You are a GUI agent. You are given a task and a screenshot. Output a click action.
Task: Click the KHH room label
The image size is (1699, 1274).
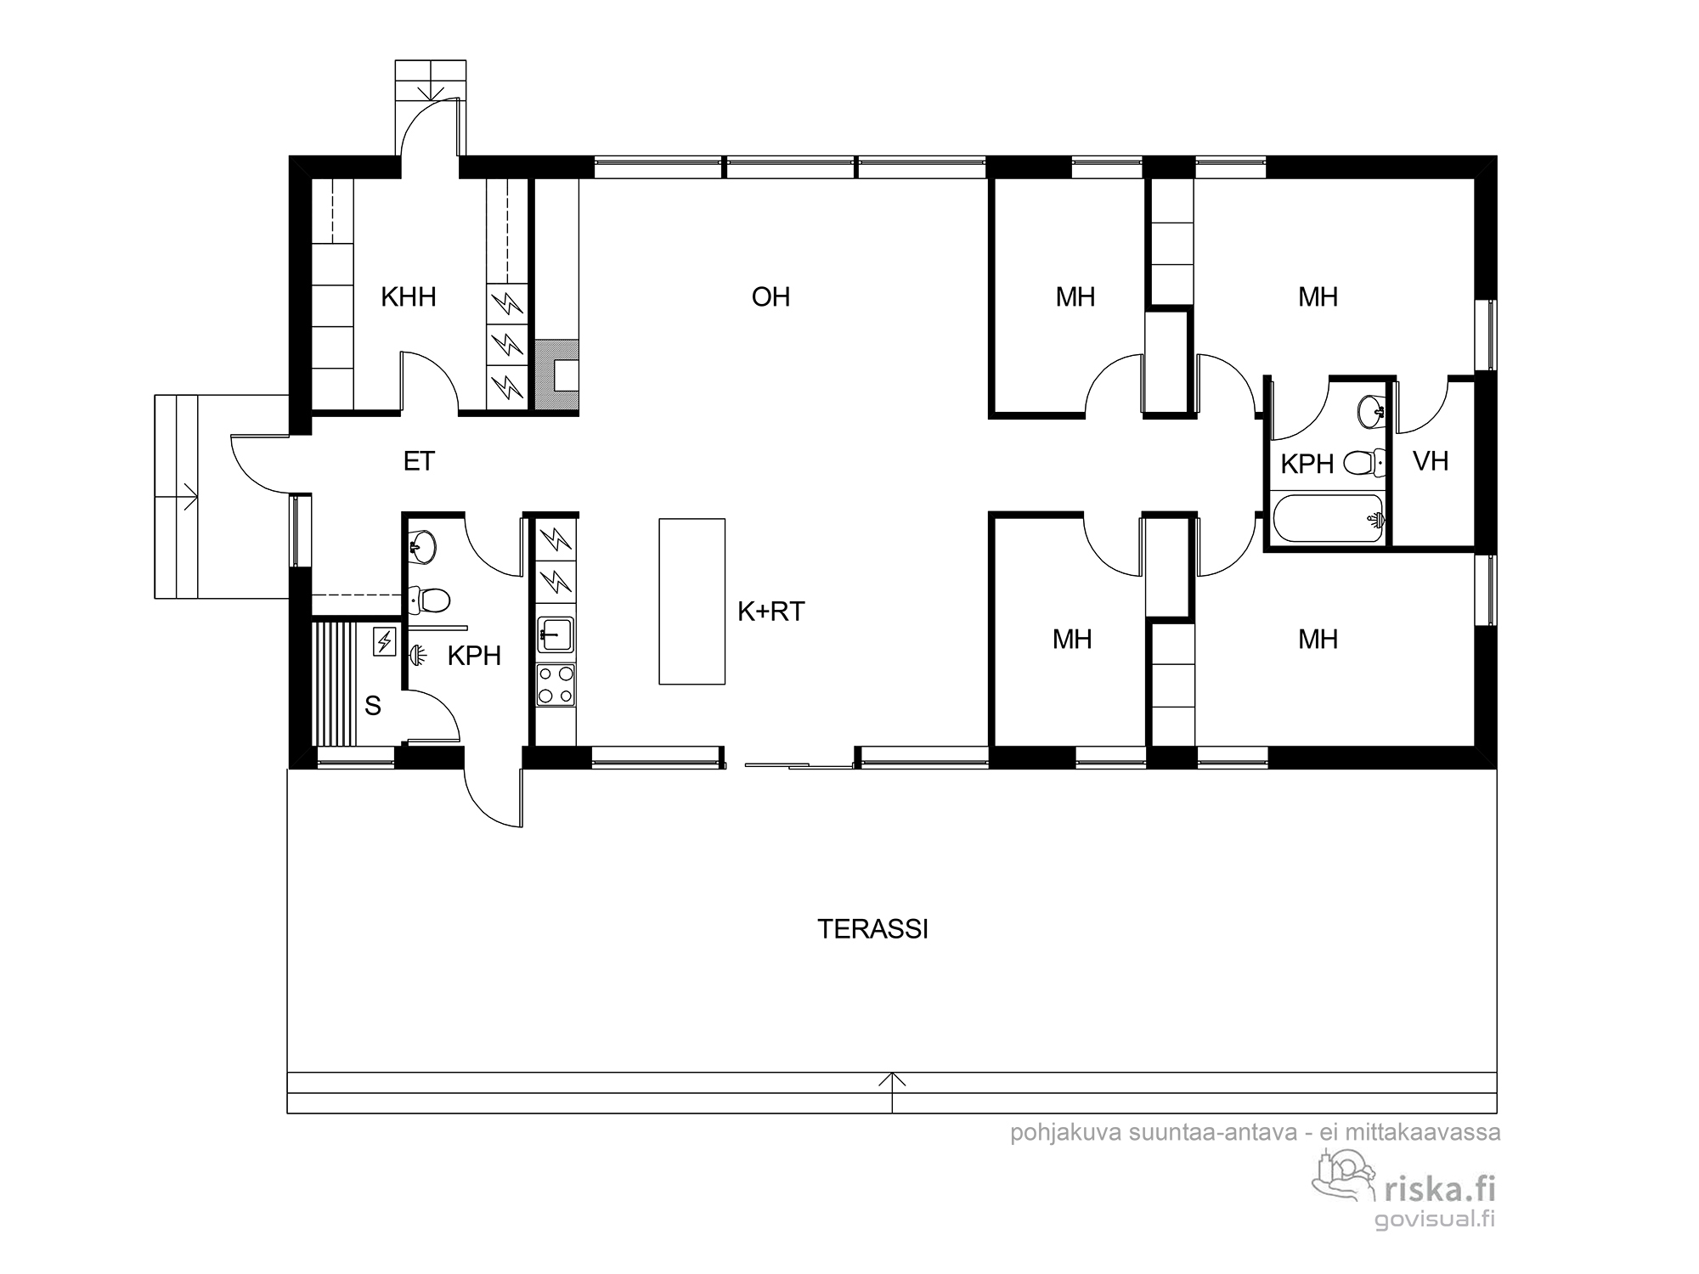(x=409, y=297)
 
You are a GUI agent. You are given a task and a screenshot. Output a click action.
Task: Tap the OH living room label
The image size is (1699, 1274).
(x=770, y=297)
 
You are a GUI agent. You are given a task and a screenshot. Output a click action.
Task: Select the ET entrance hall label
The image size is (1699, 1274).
(x=419, y=461)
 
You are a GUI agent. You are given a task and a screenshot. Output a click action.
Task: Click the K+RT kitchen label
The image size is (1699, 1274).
(x=770, y=612)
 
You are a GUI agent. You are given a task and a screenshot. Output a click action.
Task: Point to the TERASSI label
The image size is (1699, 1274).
(x=872, y=929)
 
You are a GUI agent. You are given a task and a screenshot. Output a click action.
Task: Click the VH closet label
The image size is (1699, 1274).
(x=1431, y=461)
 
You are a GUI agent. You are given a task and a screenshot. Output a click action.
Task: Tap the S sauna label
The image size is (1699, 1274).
(x=372, y=706)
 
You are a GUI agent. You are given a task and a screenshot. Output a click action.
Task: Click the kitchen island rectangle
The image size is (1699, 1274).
(x=692, y=601)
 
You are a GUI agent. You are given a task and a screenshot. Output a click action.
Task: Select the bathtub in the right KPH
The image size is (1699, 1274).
(x=1328, y=518)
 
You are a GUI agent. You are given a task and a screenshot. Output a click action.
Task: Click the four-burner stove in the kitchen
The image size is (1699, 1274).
(x=556, y=685)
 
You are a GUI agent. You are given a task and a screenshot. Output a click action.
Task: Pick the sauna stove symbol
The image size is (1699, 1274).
(x=384, y=640)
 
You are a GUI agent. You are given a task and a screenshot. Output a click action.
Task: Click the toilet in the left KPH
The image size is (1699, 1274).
(x=428, y=600)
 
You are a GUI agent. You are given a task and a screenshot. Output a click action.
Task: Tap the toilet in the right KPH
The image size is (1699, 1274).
(x=1365, y=464)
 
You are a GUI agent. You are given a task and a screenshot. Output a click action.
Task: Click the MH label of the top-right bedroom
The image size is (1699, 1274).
(x=1318, y=297)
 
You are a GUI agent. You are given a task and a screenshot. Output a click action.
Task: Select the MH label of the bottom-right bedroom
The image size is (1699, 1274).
(x=1318, y=640)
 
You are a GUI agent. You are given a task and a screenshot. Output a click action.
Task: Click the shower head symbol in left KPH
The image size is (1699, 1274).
(x=417, y=655)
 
